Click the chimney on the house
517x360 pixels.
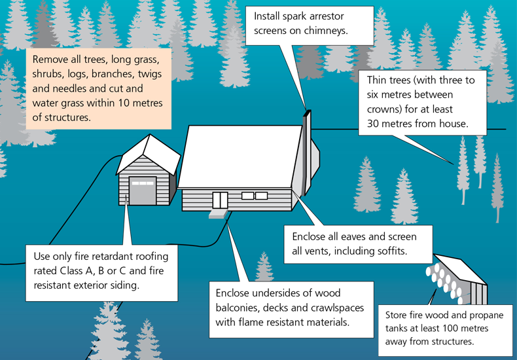click(307, 152)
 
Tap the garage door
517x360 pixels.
click(143, 191)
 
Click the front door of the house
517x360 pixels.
click(220, 200)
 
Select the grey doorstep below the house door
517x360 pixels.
click(218, 214)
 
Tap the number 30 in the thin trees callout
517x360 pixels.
click(372, 124)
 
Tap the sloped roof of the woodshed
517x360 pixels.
click(459, 268)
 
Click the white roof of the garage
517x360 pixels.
click(149, 155)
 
